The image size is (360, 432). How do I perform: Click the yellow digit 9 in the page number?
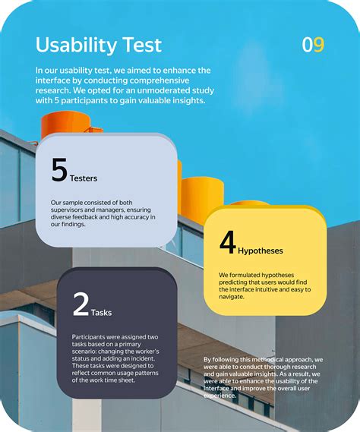coord(319,45)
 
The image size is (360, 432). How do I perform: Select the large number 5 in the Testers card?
coord(59,169)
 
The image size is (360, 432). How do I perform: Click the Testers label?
coord(84,178)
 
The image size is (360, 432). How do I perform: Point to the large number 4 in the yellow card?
coord(228,242)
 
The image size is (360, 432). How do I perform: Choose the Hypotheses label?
coord(261,251)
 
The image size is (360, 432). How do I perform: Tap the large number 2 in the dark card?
coord(81,304)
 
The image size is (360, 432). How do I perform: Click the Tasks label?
coord(102,313)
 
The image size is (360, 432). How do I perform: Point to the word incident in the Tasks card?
coord(144,358)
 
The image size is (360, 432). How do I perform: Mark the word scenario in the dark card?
coord(84,352)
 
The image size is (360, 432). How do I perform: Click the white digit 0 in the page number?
coord(308,45)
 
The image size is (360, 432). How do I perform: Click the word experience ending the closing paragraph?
coord(219,396)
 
